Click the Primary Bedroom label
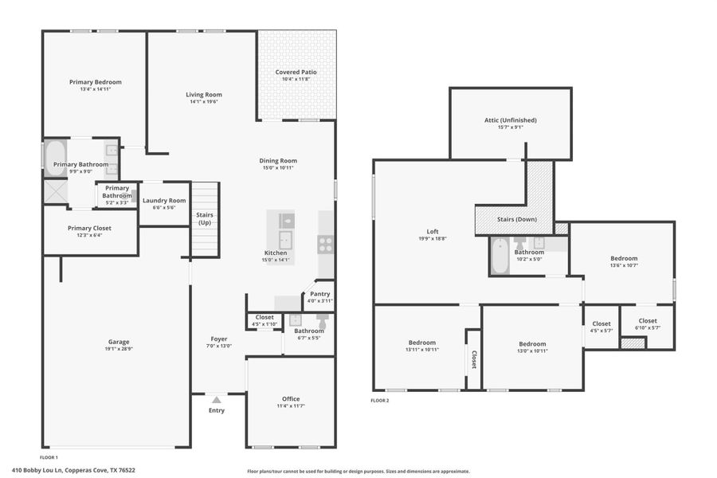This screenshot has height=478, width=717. tap(95, 82)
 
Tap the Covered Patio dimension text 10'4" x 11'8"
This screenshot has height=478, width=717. tap(296, 80)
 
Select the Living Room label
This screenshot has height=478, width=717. tap(204, 94)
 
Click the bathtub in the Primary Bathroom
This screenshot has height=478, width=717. tap(55, 157)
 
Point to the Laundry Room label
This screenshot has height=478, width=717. tap(163, 201)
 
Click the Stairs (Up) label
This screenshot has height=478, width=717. tap(204, 218)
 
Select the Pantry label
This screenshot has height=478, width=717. tap(319, 294)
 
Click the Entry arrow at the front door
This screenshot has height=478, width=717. tap(217, 399)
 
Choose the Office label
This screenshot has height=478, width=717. tap(291, 399)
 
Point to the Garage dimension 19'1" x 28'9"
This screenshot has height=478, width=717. tap(119, 349)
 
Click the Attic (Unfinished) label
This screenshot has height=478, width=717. tap(510, 120)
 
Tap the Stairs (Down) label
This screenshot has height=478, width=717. tap(515, 219)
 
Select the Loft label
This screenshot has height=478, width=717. tap(433, 231)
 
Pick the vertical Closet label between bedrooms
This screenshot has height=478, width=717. tap(473, 359)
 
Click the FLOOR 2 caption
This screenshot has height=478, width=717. tap(380, 401)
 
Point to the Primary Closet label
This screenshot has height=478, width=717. tap(89, 229)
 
